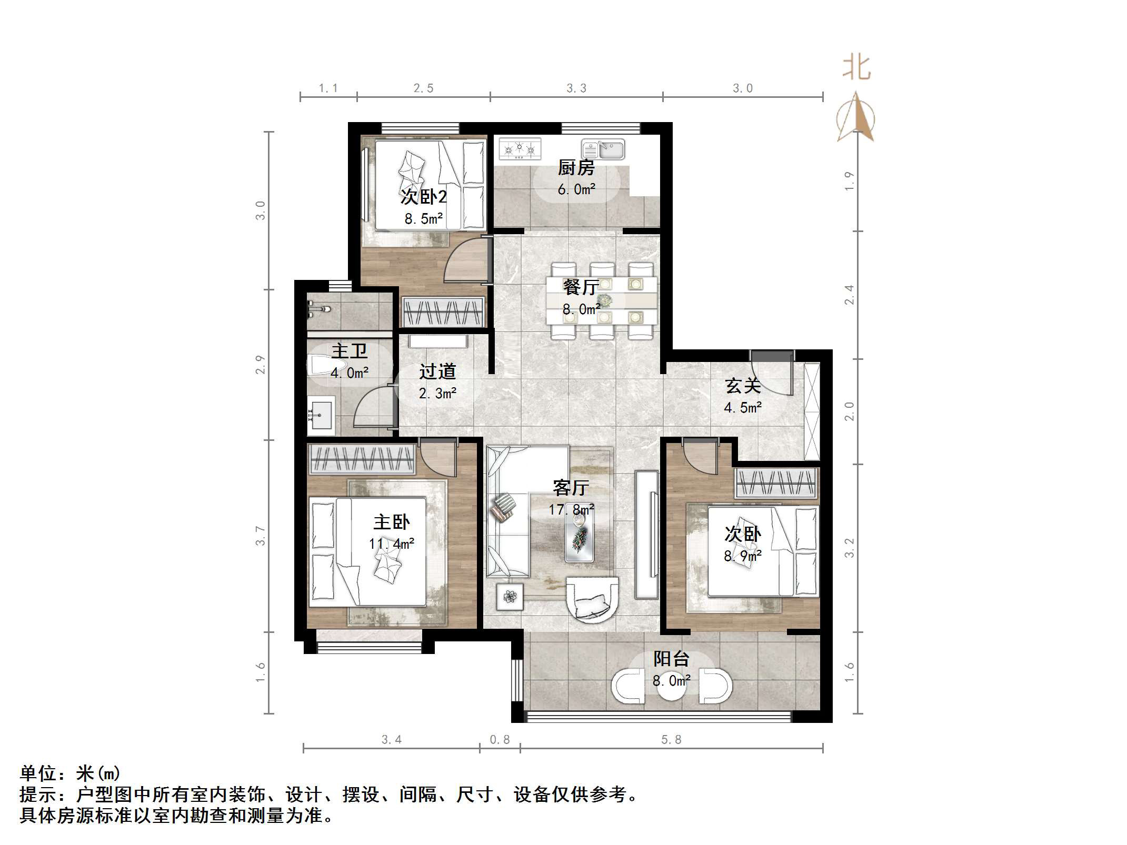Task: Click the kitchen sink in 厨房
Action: [603, 149]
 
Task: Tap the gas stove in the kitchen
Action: [520, 149]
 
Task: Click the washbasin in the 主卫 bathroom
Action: [321, 416]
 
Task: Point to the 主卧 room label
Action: [391, 522]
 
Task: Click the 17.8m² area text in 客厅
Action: [571, 509]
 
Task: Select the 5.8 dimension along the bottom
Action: [671, 740]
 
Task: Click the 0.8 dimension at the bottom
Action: [500, 740]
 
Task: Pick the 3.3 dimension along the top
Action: [576, 88]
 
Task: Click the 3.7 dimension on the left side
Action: [261, 536]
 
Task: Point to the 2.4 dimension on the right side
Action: [849, 295]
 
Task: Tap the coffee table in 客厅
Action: [580, 537]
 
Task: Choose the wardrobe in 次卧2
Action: [443, 312]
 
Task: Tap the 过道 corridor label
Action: [437, 371]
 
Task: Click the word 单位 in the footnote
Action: [38, 773]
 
